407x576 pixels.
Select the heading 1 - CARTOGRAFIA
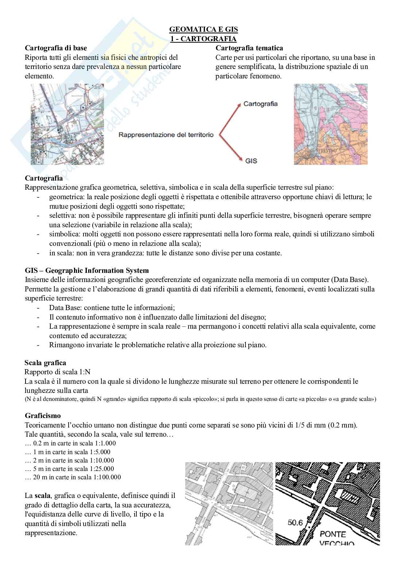(x=204, y=39)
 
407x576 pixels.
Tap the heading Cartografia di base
(x=56, y=48)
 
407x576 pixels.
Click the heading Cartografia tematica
(x=249, y=48)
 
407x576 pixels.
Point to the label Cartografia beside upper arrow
(x=260, y=104)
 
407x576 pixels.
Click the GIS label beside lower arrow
(x=251, y=160)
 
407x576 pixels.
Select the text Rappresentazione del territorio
(x=165, y=135)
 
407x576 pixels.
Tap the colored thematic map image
(x=330, y=124)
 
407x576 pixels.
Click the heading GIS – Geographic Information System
(x=87, y=270)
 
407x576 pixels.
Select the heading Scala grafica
(x=45, y=363)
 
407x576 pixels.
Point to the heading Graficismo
(x=43, y=415)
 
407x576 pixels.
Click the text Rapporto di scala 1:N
(x=57, y=372)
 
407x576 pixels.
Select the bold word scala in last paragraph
(x=43, y=496)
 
